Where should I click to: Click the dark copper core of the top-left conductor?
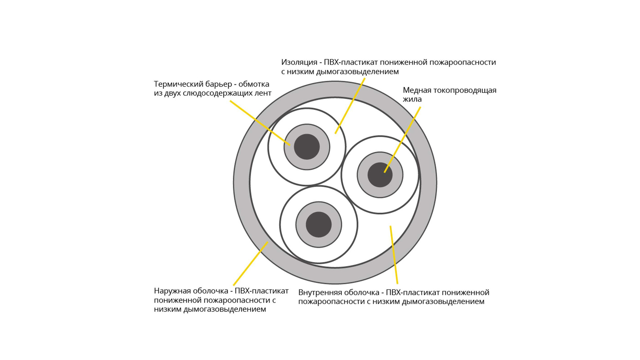point(307,147)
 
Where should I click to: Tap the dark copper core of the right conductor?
point(380,175)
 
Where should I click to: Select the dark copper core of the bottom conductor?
point(319,224)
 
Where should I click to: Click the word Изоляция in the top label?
point(299,62)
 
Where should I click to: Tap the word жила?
point(412,99)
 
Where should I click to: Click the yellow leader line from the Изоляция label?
point(350,106)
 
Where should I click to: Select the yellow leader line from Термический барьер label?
point(260,123)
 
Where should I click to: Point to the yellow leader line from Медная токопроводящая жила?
point(402,140)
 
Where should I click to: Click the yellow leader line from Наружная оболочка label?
point(250,263)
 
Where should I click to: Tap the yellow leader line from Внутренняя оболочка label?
point(394,255)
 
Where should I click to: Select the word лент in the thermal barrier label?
point(262,93)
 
